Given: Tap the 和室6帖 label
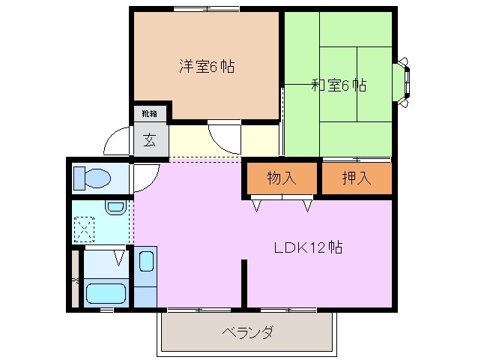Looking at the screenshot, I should click(x=339, y=85).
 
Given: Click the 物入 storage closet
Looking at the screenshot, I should click(x=282, y=178).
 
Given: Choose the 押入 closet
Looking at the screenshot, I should click(x=357, y=178).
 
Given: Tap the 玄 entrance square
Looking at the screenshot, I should click(x=150, y=139).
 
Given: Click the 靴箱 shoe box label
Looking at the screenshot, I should click(x=150, y=114).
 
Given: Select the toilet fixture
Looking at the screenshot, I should click(x=91, y=178).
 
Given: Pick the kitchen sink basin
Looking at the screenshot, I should click(x=146, y=263).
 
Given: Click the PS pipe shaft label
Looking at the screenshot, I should click(x=74, y=280).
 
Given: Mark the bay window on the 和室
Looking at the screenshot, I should click(x=405, y=78).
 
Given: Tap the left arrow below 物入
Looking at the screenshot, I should click(x=257, y=204).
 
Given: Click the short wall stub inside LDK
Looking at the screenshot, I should click(x=243, y=283).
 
